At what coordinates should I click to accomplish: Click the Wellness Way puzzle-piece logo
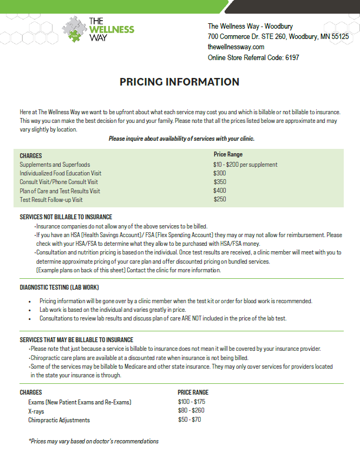[74, 29]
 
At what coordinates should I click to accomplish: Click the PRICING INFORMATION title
[179, 82]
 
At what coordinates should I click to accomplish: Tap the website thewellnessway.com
[236, 47]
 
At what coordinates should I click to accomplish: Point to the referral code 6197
[292, 57]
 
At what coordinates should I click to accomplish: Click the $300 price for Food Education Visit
[219, 173]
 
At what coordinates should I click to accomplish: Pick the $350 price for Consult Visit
[219, 182]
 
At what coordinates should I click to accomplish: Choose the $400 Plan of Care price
[219, 191]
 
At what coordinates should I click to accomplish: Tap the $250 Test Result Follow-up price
[219, 199]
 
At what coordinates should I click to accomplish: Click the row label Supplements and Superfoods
[55, 165]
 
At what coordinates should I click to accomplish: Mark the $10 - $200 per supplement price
[245, 165]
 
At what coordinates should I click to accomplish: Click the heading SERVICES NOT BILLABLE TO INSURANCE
[66, 217]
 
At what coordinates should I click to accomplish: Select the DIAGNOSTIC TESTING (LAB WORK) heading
[59, 287]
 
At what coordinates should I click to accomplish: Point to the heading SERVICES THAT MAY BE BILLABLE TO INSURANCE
[76, 340]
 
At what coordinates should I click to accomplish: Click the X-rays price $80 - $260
[191, 411]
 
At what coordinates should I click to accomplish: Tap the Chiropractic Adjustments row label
[59, 420]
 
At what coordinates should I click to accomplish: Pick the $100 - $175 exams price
[192, 402]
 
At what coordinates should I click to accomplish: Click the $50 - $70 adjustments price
[189, 420]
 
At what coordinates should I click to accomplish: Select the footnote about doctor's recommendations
[93, 441]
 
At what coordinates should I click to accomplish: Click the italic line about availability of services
[181, 139]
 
